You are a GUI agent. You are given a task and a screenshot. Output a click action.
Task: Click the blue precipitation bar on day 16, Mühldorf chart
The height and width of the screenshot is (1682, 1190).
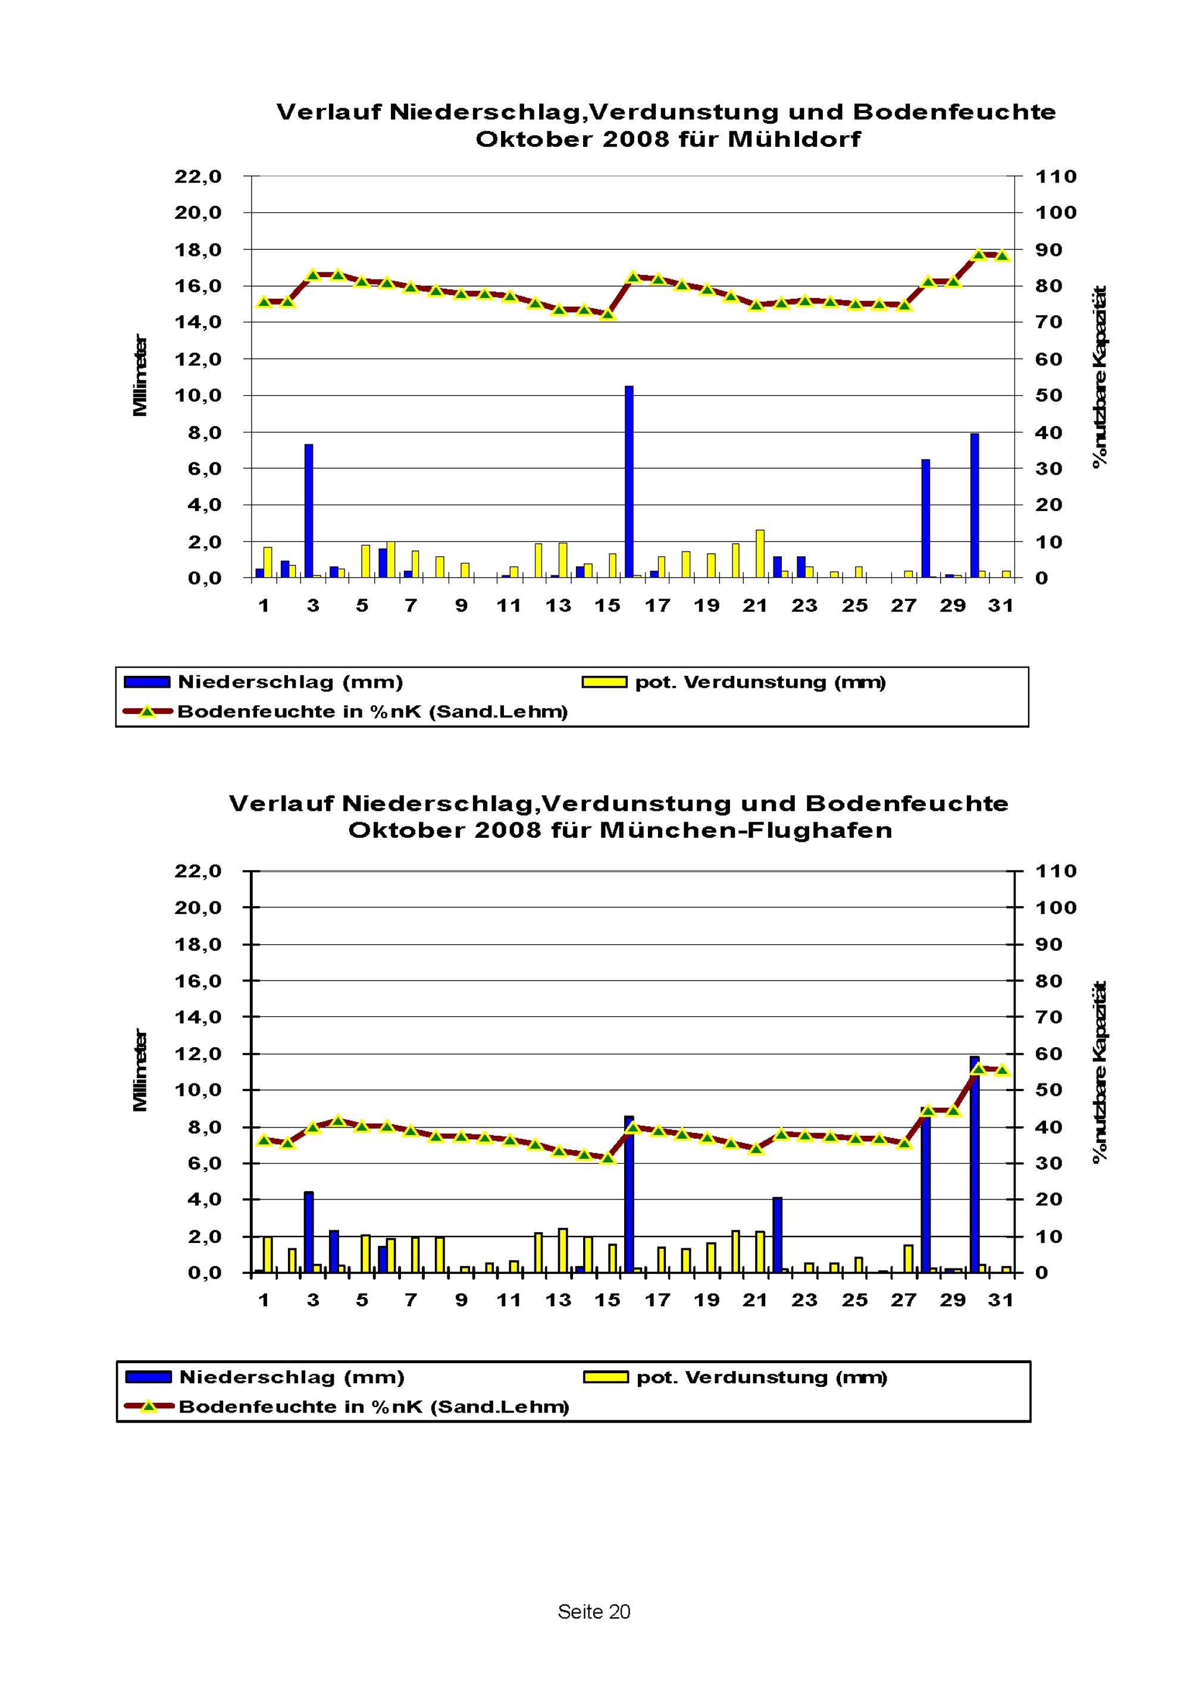[629, 481]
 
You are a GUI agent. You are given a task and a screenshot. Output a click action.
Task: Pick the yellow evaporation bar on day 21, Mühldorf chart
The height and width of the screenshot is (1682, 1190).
[760, 554]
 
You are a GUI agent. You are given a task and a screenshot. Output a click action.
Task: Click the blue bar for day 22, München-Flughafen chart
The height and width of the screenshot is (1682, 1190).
[778, 1235]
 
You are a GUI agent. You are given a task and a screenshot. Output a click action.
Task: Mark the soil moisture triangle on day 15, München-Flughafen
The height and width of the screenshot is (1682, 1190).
[607, 1157]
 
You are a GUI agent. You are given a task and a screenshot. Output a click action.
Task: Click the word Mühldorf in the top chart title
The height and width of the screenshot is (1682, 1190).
[794, 139]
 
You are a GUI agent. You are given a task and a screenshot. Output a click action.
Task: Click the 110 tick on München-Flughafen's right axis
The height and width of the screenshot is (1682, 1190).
[1056, 871]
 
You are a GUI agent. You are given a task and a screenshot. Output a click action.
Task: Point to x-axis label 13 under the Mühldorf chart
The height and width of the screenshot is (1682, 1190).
[558, 605]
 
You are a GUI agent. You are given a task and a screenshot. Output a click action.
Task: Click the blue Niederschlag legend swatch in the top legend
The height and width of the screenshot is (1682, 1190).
[148, 682]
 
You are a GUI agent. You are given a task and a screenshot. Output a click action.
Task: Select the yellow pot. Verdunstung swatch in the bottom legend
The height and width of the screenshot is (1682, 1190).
[605, 1377]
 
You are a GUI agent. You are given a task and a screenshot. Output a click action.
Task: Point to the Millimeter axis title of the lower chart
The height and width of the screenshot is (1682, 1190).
[140, 1070]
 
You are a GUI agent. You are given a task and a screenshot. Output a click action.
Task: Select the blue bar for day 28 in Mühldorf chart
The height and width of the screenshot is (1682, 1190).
[925, 518]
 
